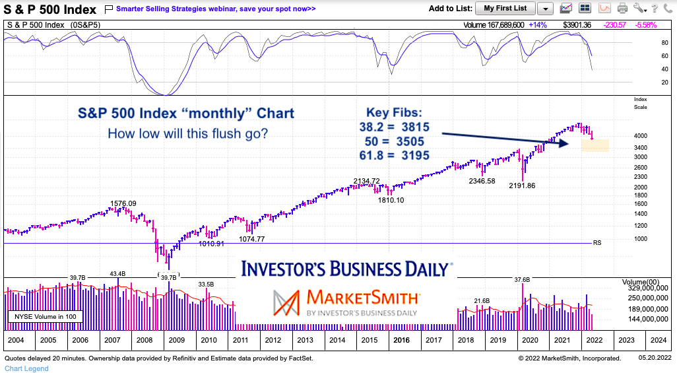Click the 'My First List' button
pos(505,8)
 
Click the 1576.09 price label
pos(123,203)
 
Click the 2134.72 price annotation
pos(367,181)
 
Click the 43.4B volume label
pos(117,273)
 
